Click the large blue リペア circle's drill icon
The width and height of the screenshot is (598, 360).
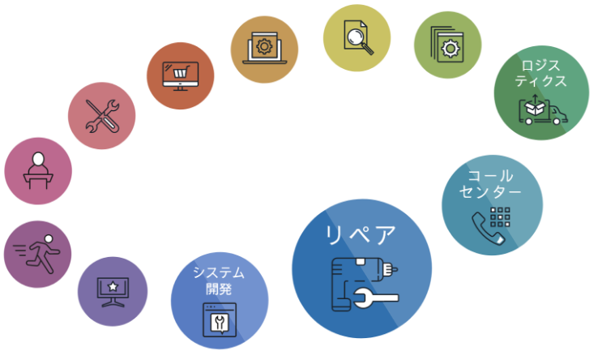click(365, 284)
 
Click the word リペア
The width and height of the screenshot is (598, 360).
click(361, 235)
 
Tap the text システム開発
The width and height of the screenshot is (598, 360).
click(219, 281)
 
